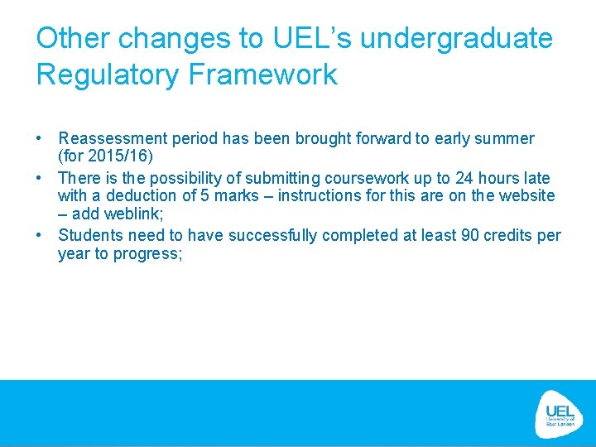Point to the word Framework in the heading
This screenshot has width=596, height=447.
[262, 74]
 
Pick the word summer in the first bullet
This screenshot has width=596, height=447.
[506, 139]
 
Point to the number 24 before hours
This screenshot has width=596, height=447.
[464, 179]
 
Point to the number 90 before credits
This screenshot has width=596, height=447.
[470, 236]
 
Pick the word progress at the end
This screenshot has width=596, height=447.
[142, 254]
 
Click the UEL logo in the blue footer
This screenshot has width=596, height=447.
[560, 412]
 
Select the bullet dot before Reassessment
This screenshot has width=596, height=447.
[40, 139]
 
